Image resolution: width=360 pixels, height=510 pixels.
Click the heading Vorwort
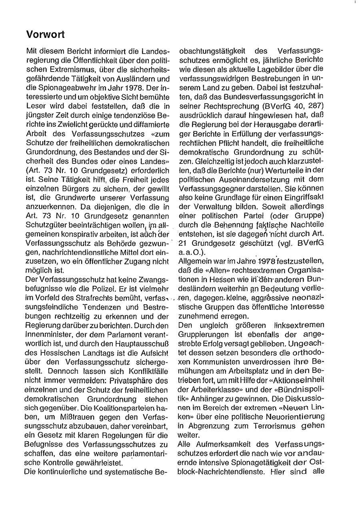[45, 35]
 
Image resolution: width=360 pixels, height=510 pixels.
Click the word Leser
[34, 106]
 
